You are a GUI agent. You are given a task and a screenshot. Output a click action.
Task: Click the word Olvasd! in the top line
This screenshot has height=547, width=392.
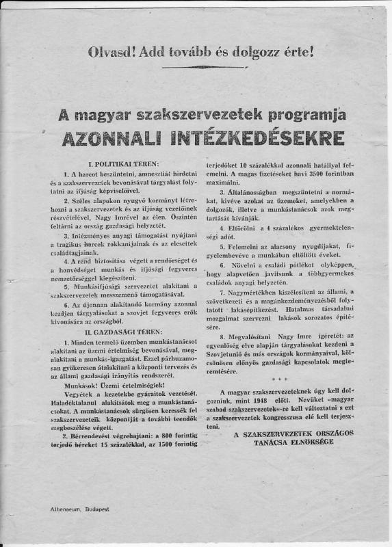pos(111,49)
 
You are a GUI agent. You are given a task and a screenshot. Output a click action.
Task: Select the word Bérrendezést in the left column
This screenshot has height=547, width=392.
pos(93,446)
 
